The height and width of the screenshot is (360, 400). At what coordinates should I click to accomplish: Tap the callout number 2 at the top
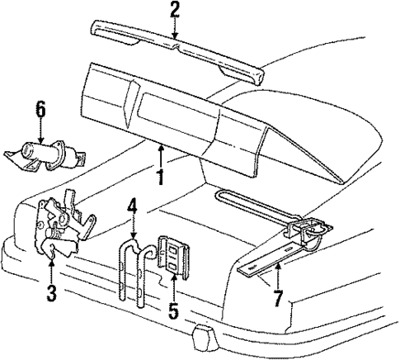click(174, 10)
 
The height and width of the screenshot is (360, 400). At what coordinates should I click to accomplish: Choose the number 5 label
click(174, 313)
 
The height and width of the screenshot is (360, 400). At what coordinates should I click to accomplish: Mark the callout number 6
click(39, 108)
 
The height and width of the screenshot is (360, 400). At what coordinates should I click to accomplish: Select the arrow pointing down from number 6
click(39, 132)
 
